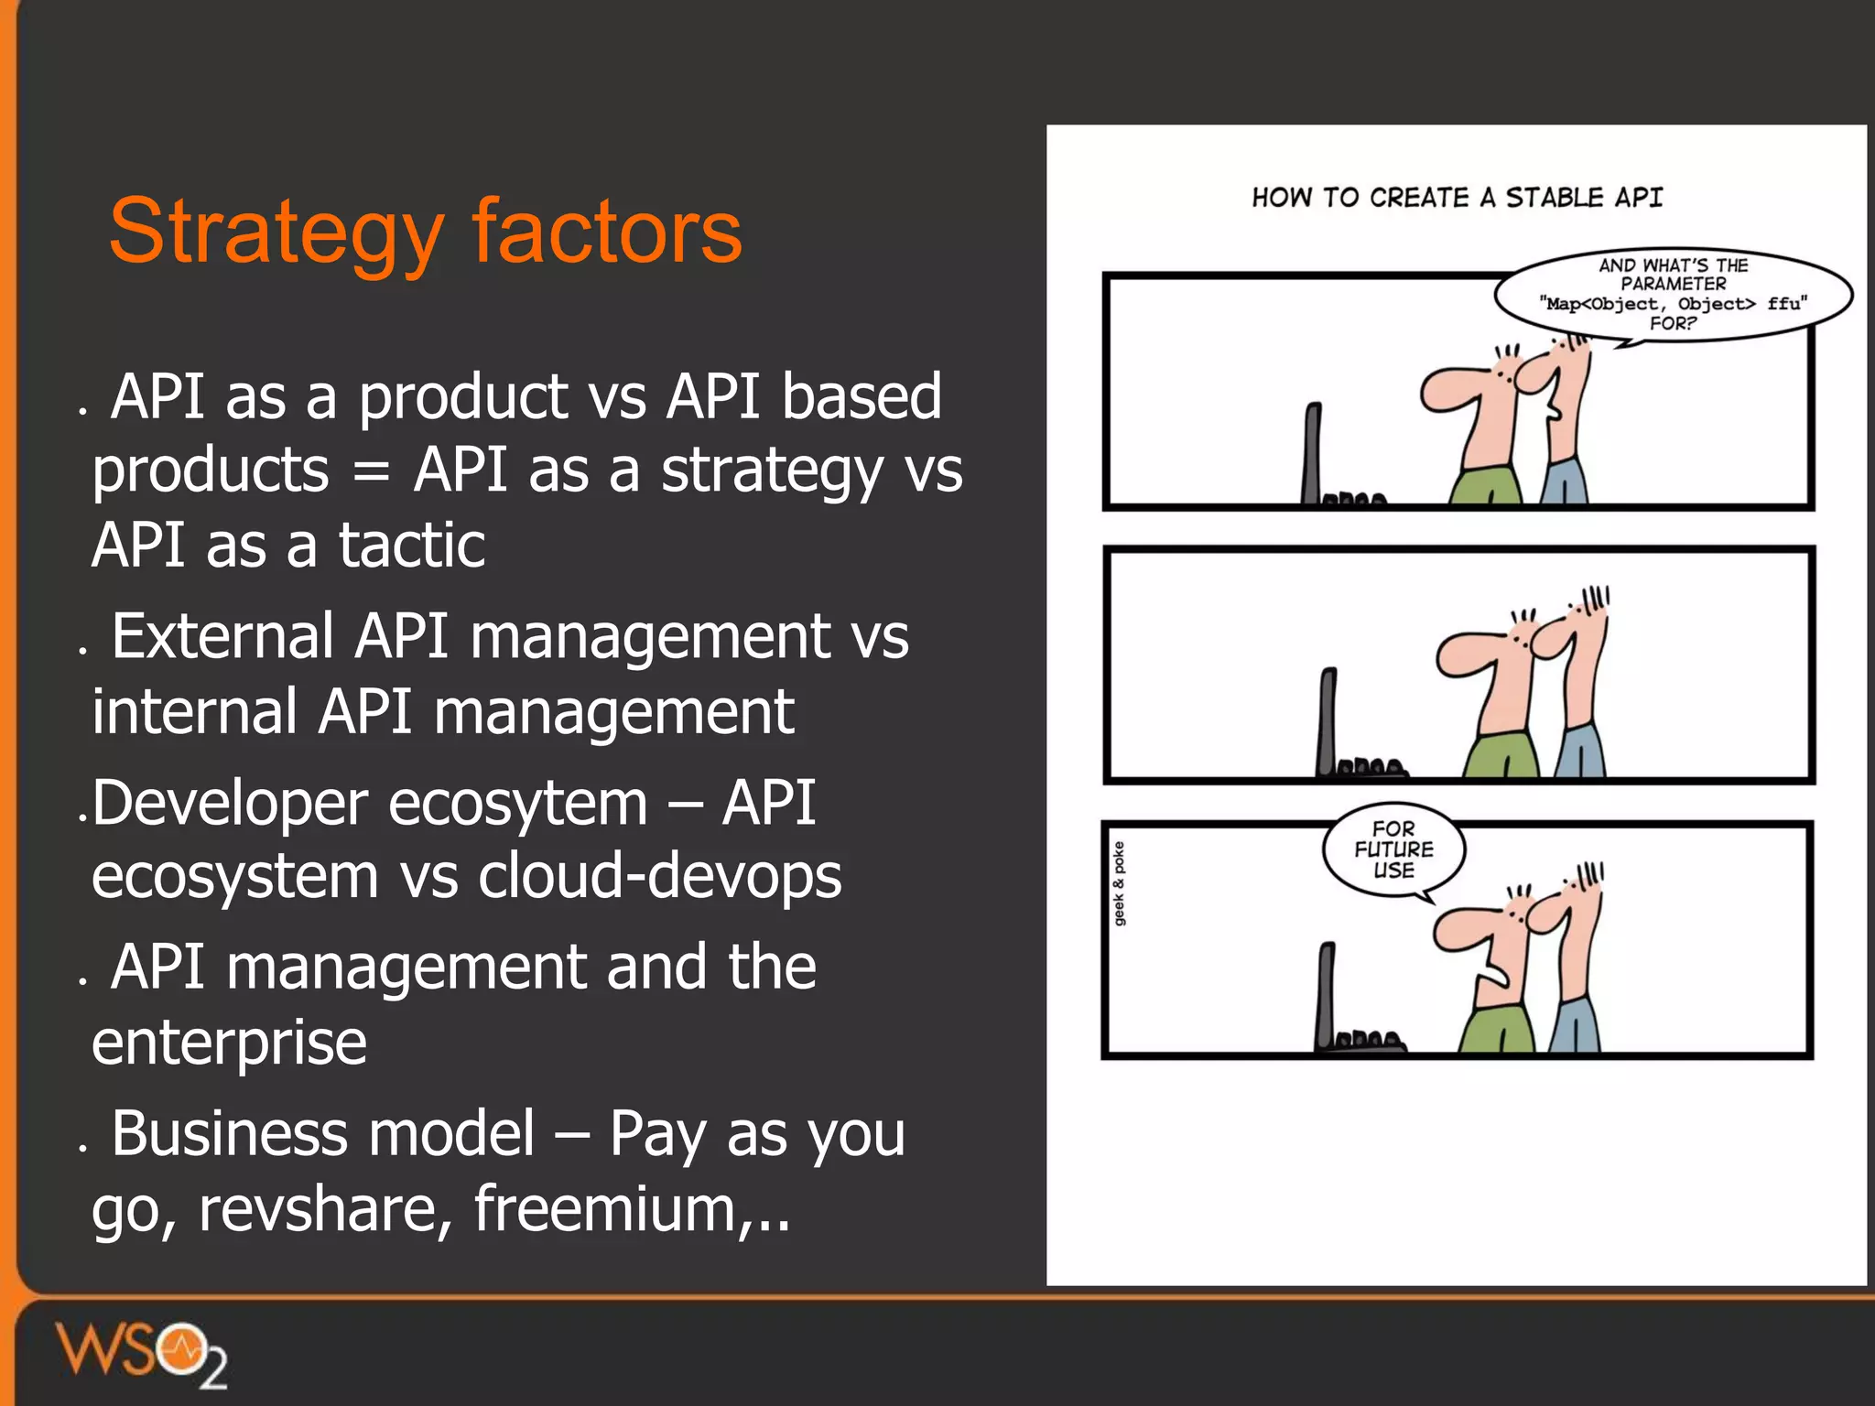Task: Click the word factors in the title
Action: click(x=606, y=231)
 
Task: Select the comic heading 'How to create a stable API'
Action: click(x=1457, y=198)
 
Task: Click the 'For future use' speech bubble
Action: click(x=1393, y=849)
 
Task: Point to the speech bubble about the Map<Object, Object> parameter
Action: click(x=1673, y=294)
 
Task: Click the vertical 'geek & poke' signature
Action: click(x=1119, y=883)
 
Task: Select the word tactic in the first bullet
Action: click(x=411, y=545)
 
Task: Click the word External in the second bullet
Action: click(x=222, y=636)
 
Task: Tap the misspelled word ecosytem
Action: click(x=517, y=803)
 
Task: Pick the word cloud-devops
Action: click(x=659, y=877)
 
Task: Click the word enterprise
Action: click(x=229, y=1043)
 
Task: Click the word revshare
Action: click(x=325, y=1208)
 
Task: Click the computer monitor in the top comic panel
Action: click(x=1313, y=453)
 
